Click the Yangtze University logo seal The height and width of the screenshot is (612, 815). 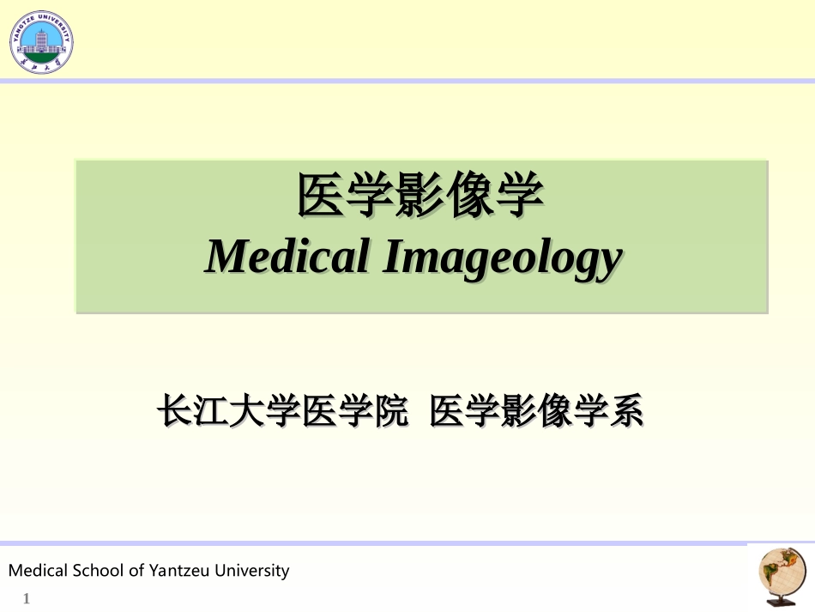pos(41,41)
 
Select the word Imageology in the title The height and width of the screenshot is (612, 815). pos(501,258)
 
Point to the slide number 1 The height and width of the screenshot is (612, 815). pos(27,598)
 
